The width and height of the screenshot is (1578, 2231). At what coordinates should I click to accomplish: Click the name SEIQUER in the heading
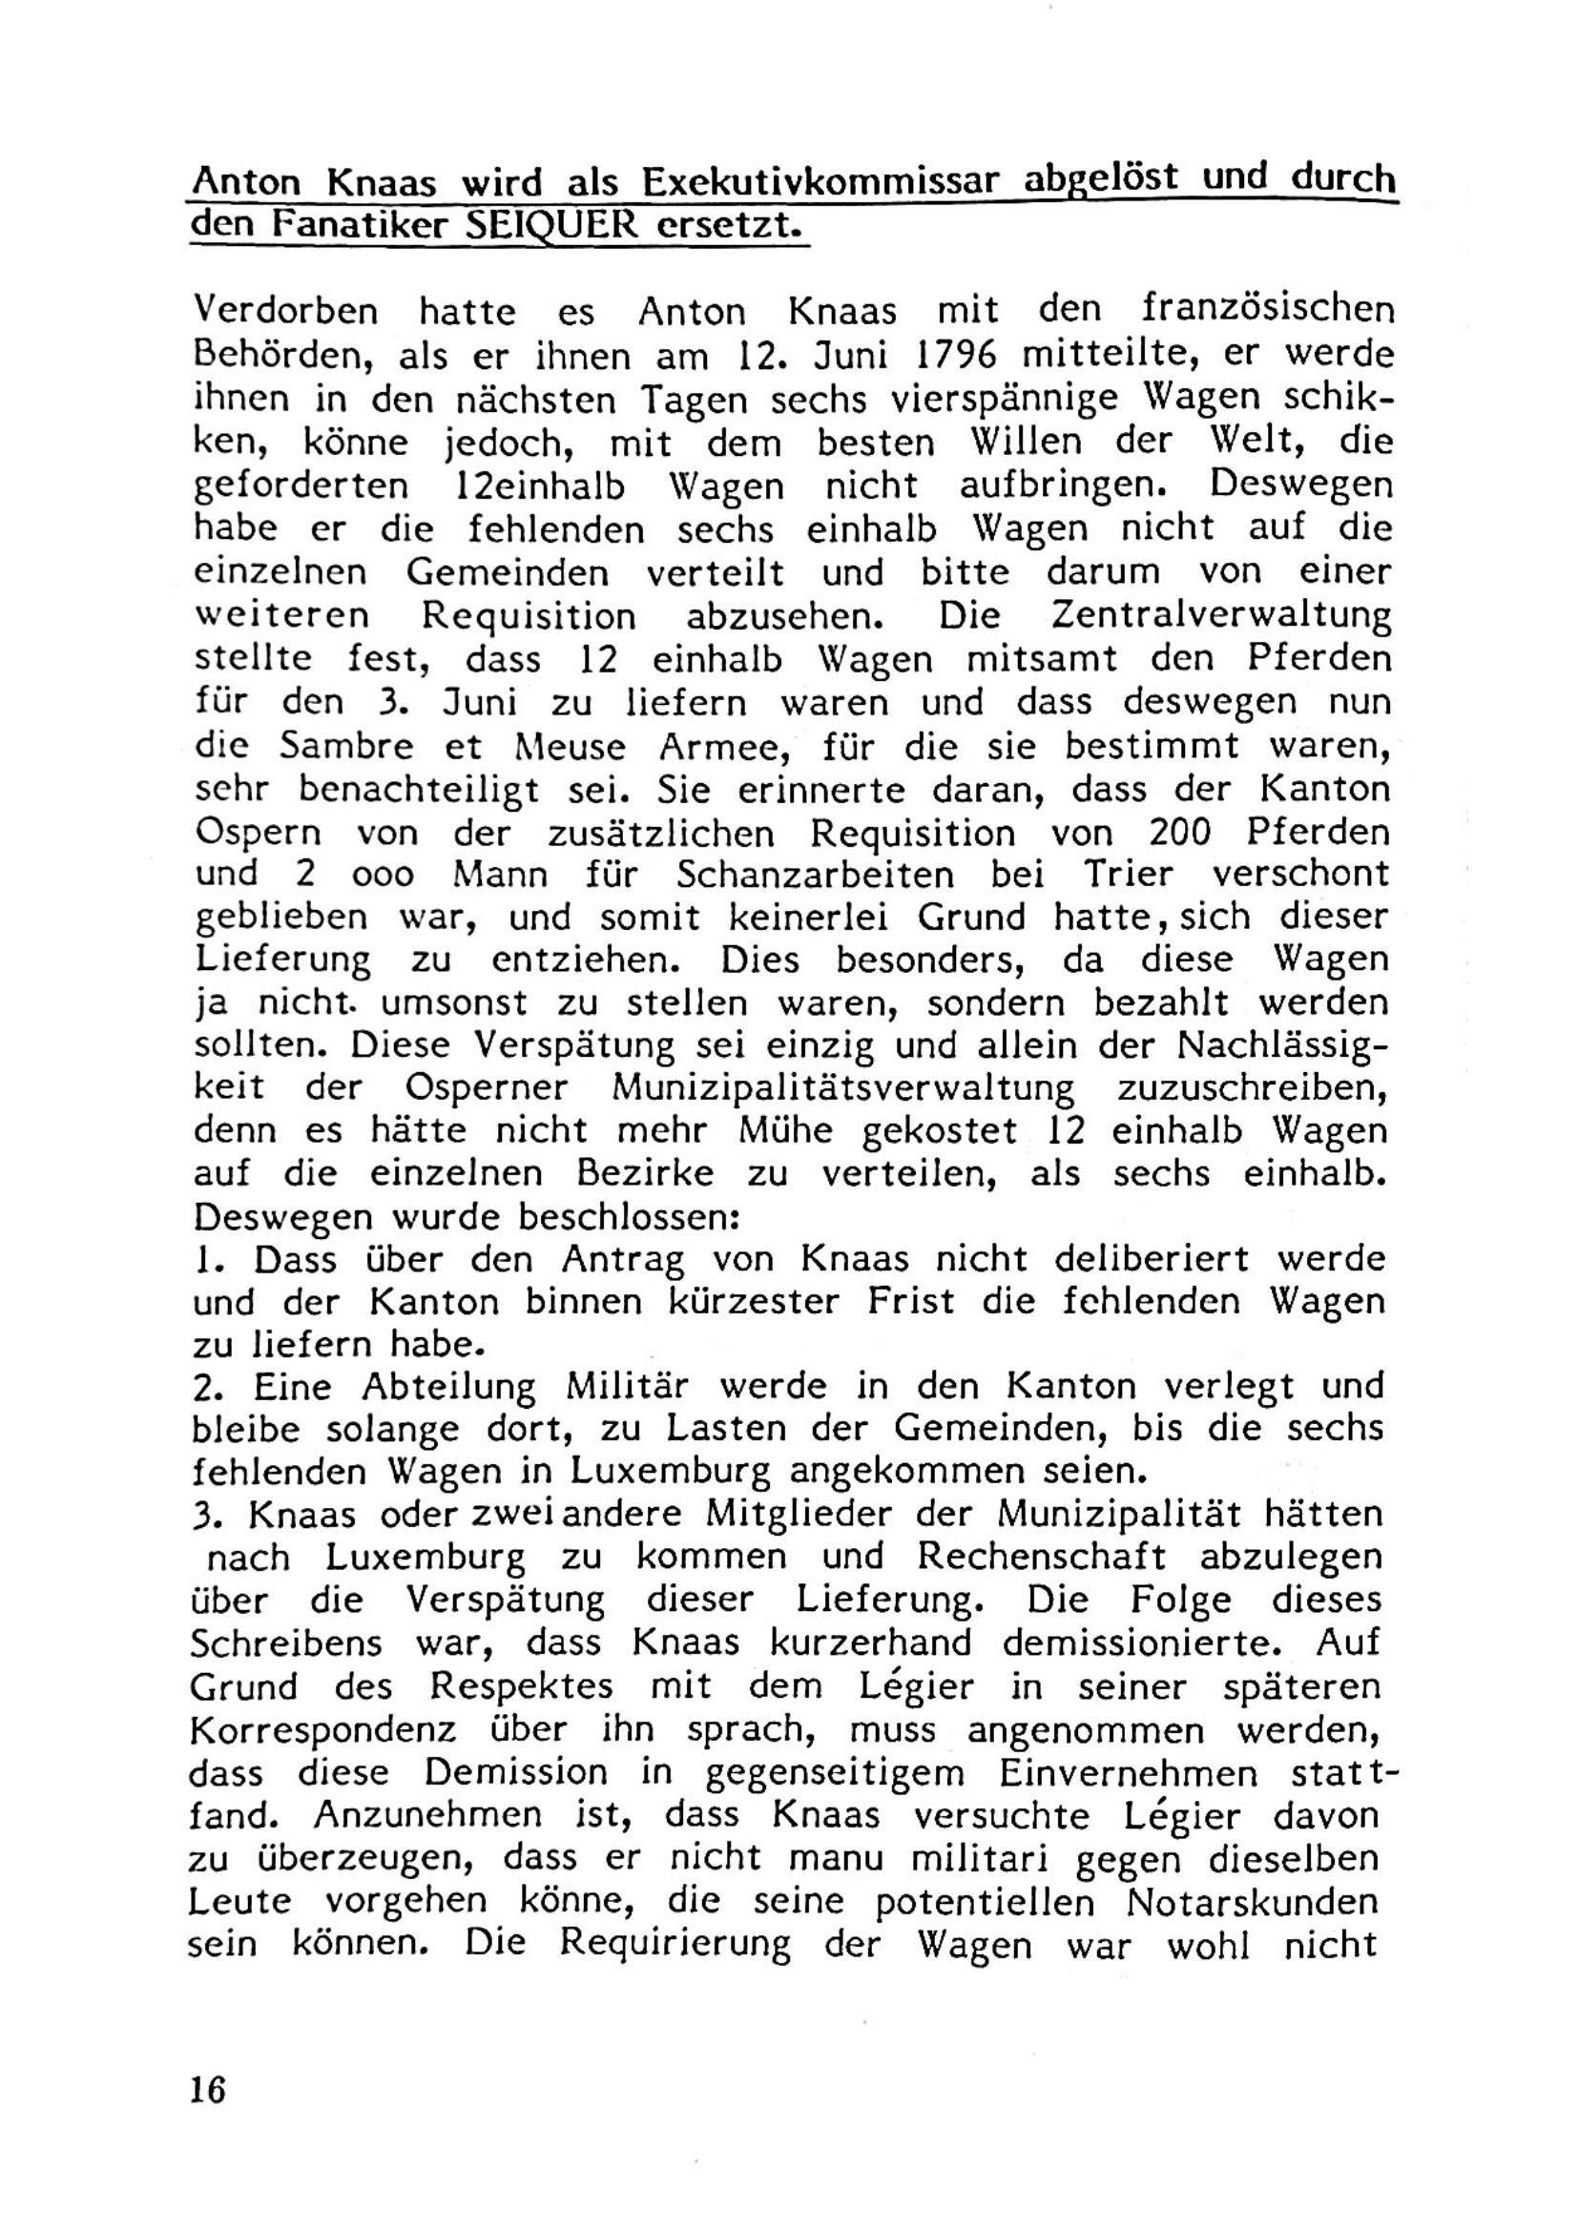pyautogui.click(x=551, y=225)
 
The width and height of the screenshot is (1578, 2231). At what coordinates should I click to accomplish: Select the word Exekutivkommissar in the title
pyautogui.click(x=821, y=182)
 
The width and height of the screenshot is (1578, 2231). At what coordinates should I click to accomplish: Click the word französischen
pyautogui.click(x=1267, y=311)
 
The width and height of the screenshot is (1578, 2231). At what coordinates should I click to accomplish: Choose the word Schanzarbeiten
pyautogui.click(x=818, y=875)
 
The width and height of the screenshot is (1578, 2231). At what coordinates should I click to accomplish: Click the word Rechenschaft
pyautogui.click(x=1042, y=1557)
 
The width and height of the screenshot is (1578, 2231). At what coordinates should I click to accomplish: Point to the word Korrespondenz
pyautogui.click(x=323, y=1730)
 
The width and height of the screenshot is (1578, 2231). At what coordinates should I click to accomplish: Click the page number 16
pyautogui.click(x=208, y=2087)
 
